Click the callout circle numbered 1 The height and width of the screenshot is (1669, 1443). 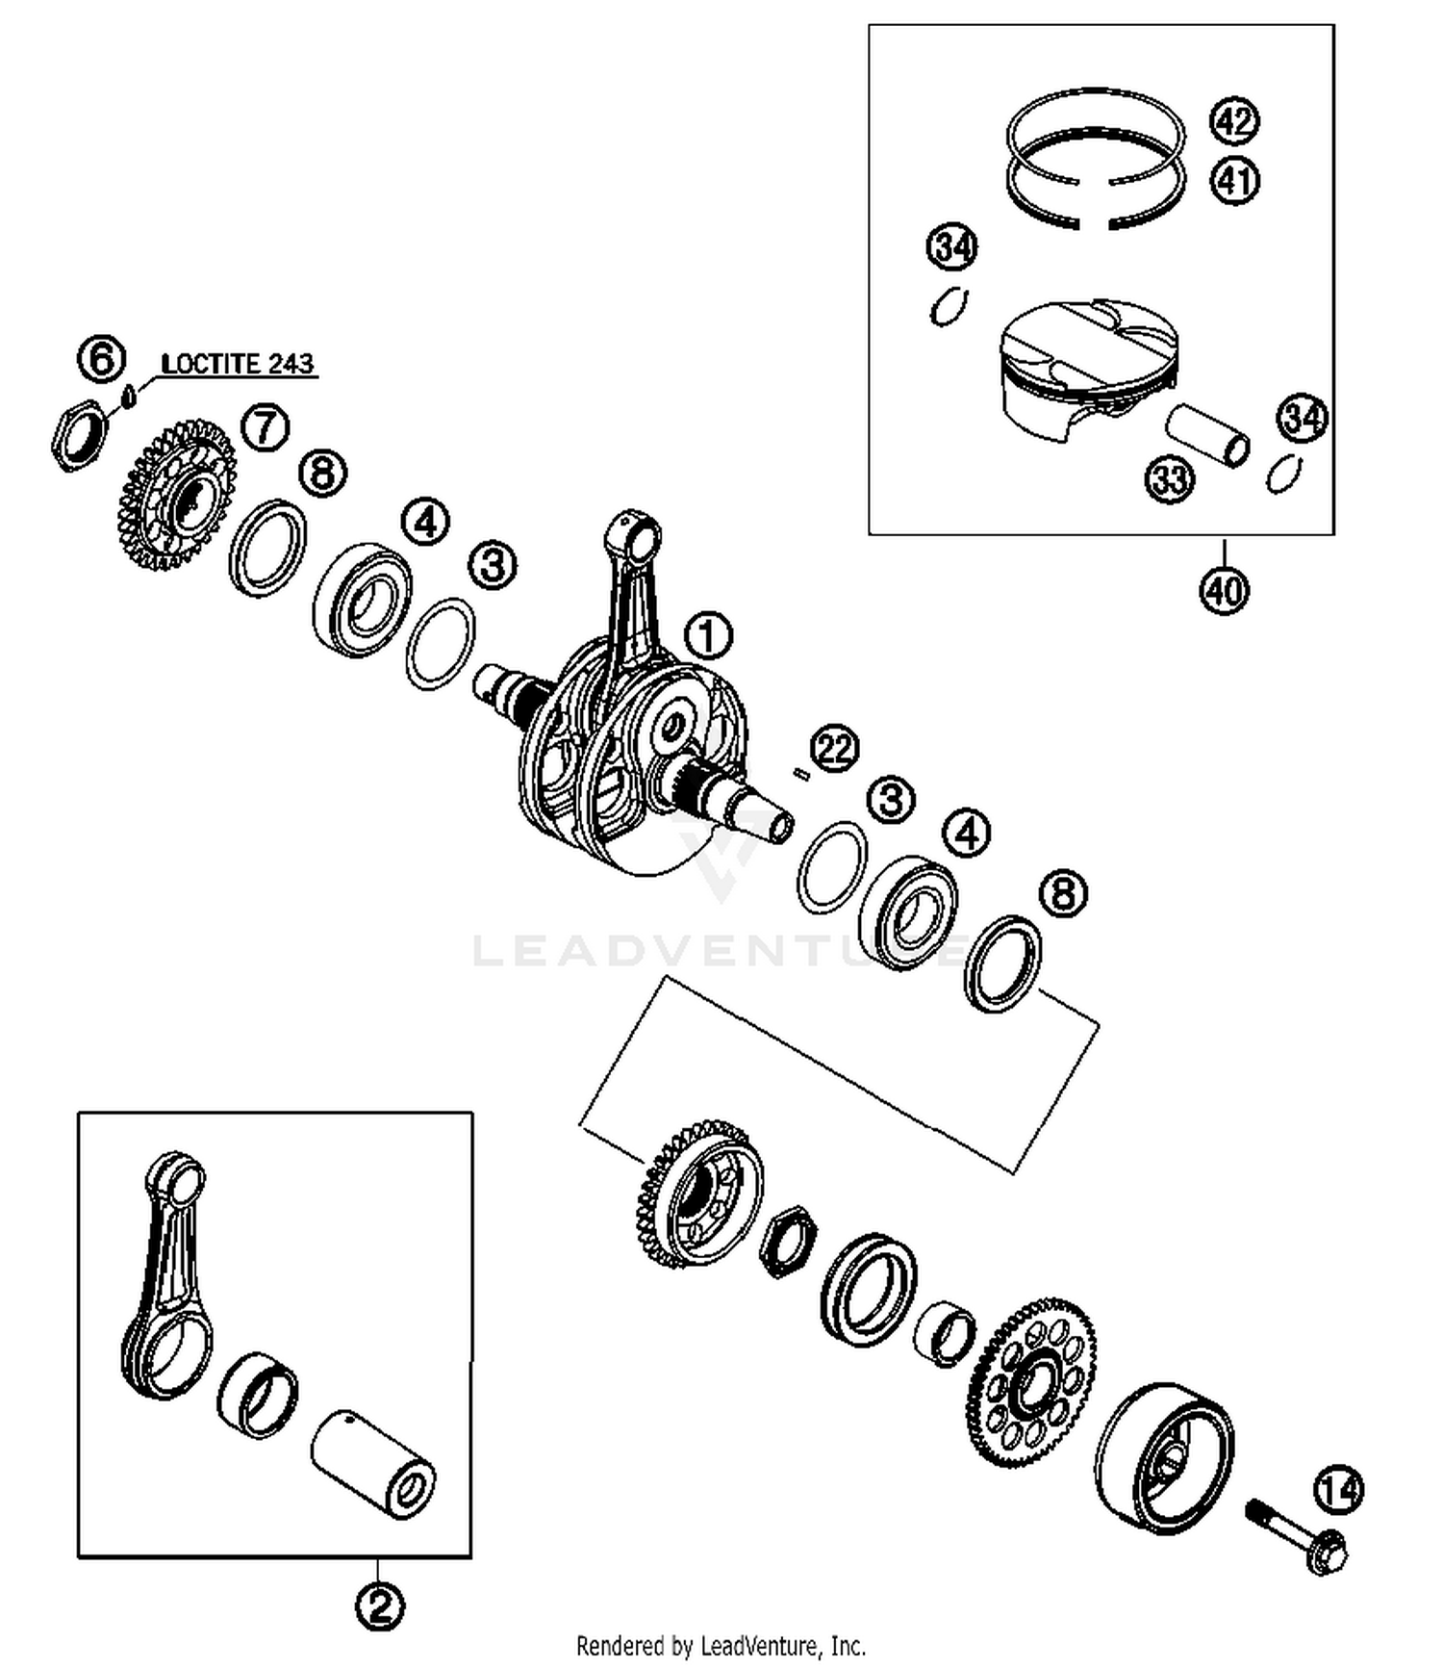[x=708, y=636]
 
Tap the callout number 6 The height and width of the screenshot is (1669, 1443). [x=102, y=359]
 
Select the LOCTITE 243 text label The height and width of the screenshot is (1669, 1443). [x=238, y=365]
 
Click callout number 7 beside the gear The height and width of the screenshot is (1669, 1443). [x=266, y=427]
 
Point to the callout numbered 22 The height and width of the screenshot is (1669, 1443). [x=834, y=748]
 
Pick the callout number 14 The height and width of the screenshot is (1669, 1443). [x=1339, y=1490]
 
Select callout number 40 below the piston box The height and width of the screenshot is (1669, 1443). [x=1224, y=589]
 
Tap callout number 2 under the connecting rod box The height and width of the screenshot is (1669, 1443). [x=379, y=1605]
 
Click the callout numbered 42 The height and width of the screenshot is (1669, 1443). [x=1235, y=121]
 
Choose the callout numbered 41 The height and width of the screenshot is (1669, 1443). [x=1235, y=180]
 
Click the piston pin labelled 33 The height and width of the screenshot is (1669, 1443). [x=1208, y=435]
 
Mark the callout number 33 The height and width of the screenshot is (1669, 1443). [x=1169, y=478]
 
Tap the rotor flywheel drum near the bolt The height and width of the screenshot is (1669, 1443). [x=1164, y=1457]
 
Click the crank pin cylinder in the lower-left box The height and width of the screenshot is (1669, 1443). [x=373, y=1464]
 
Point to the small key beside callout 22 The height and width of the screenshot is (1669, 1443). [x=800, y=772]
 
